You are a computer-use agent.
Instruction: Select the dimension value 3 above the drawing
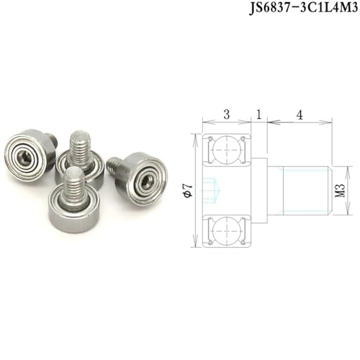tap(227, 114)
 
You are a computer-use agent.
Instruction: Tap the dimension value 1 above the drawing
tap(258, 114)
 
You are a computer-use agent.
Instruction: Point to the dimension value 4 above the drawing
tap(300, 115)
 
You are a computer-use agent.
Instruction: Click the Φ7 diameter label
tap(188, 190)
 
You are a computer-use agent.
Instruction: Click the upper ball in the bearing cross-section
tap(227, 149)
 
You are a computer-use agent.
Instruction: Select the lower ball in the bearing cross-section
tap(227, 231)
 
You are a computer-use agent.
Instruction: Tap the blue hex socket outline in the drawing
tap(211, 190)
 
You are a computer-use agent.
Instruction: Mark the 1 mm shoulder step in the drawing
tap(259, 190)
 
